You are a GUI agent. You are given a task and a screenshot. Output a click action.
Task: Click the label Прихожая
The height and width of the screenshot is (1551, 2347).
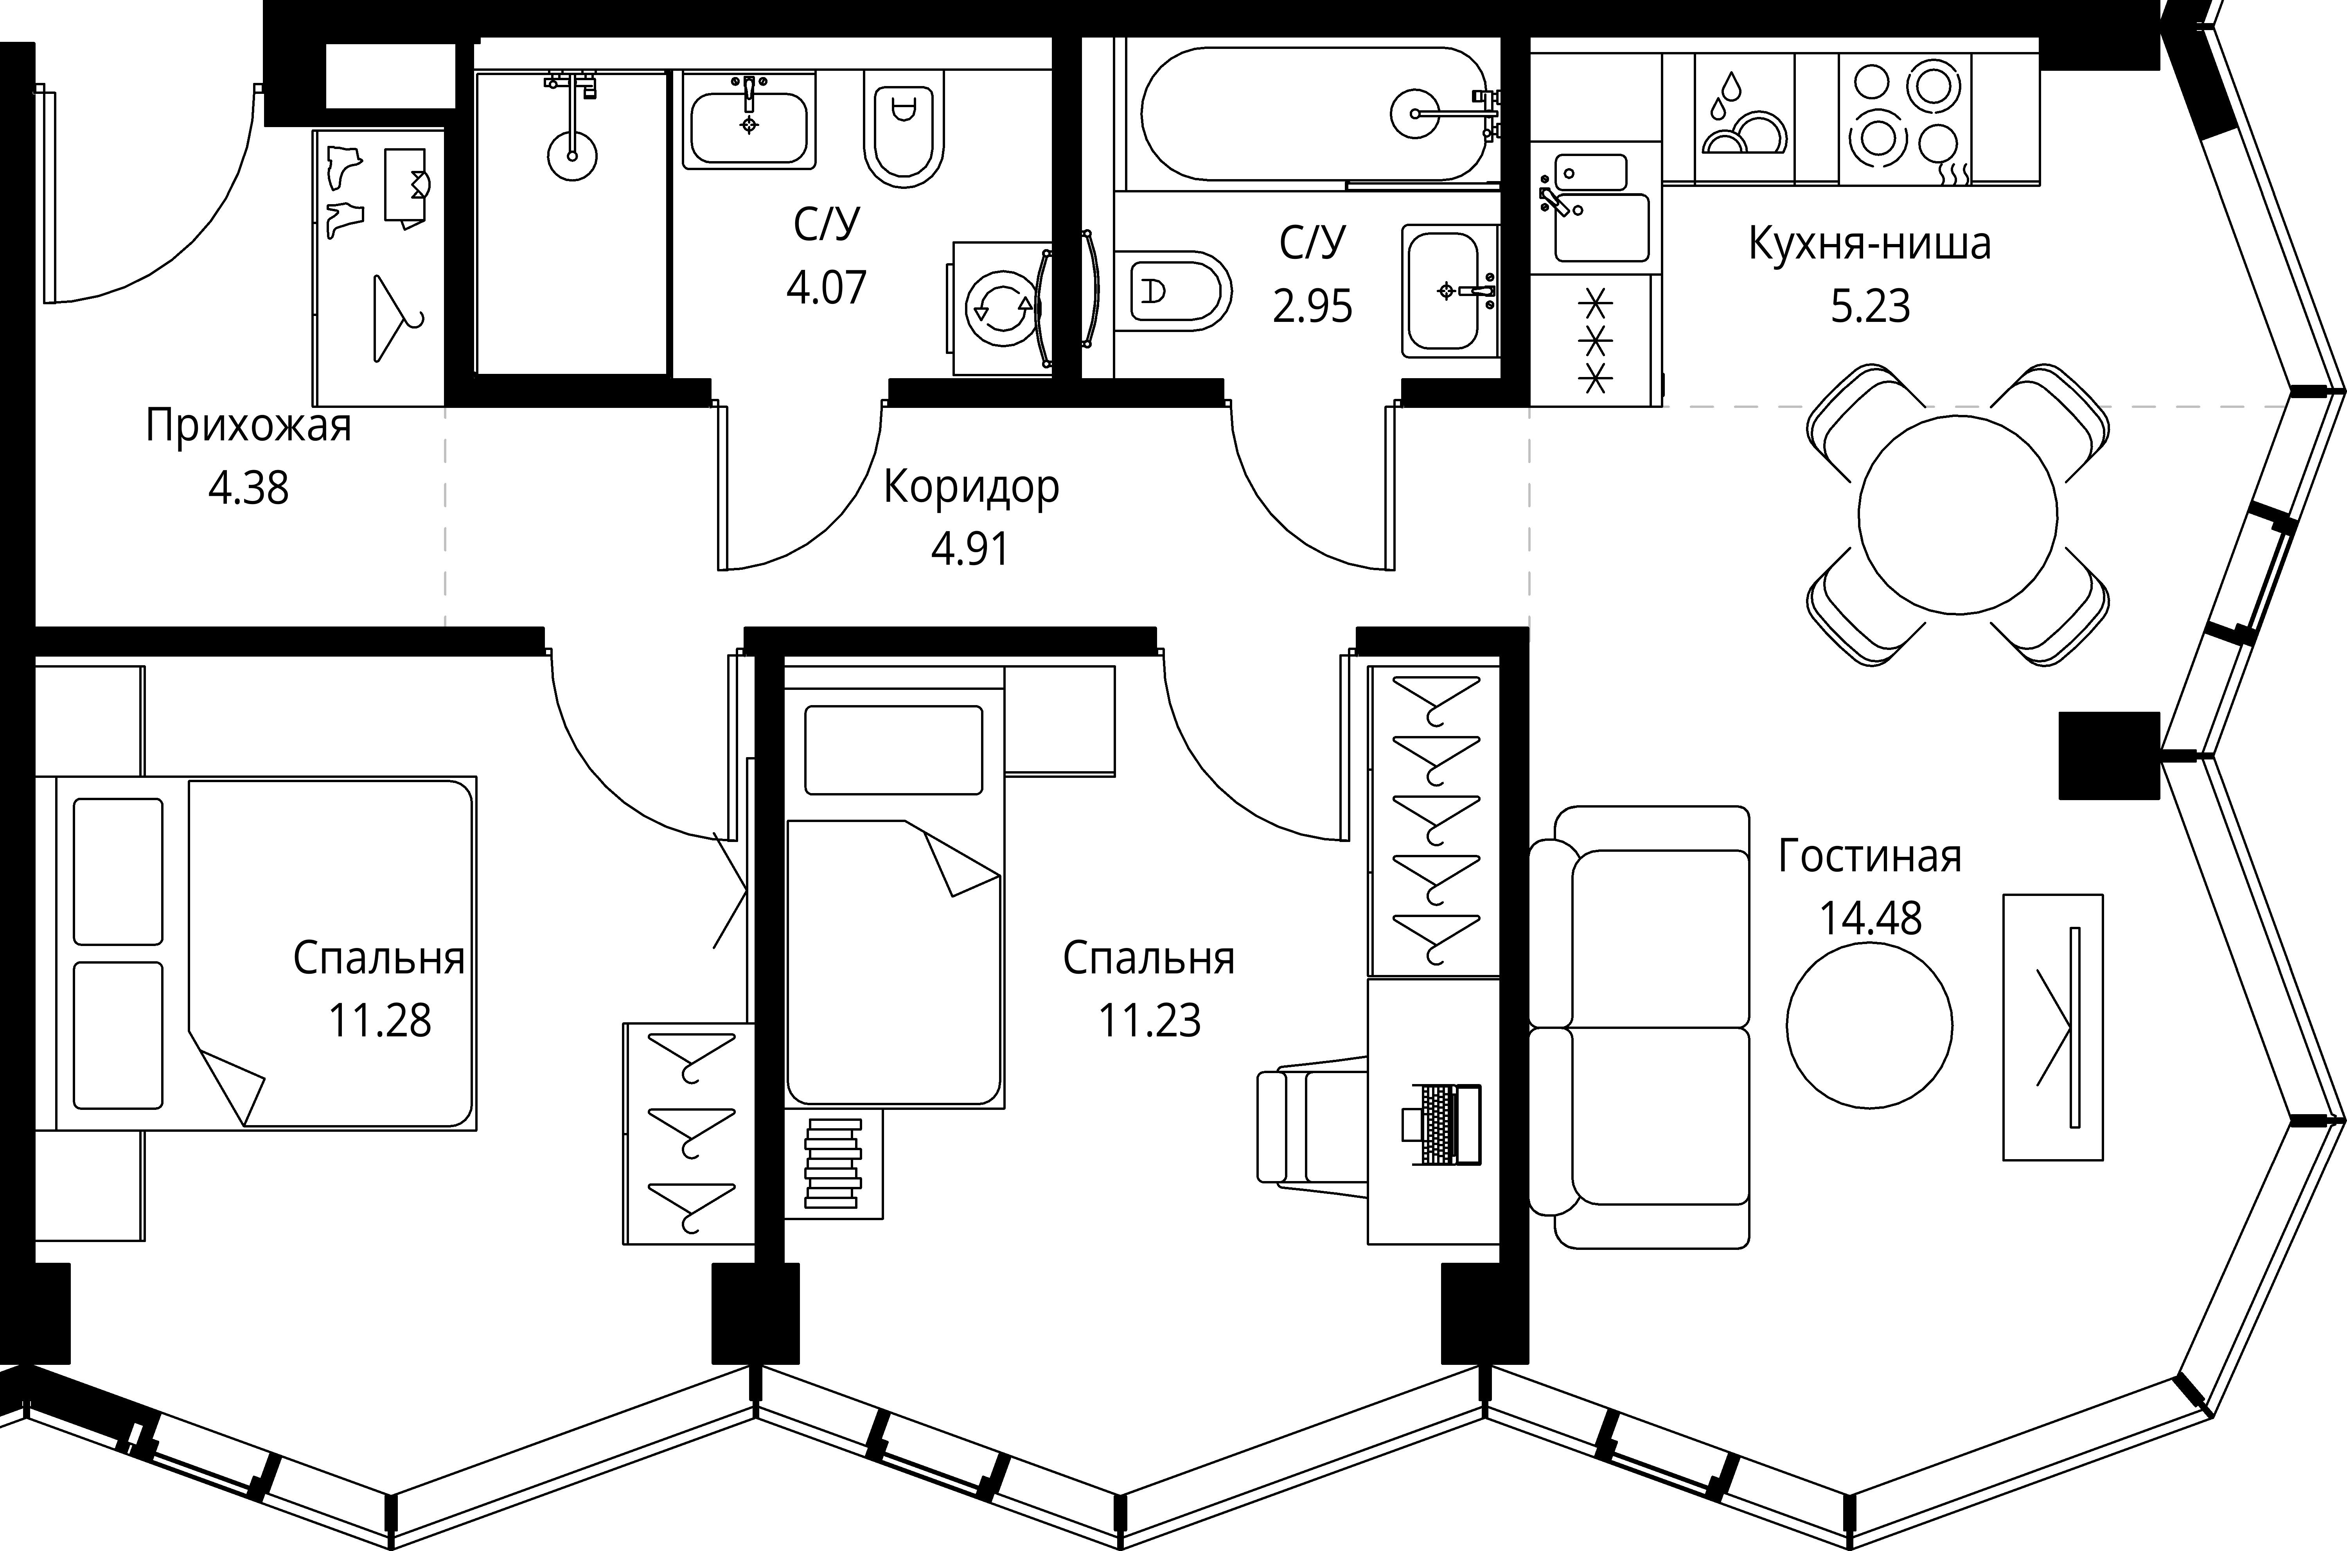coord(248,426)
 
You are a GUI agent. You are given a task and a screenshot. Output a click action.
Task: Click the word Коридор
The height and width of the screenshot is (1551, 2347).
coord(970,486)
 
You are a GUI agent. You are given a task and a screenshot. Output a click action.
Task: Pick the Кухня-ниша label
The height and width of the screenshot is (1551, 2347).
coord(1869,243)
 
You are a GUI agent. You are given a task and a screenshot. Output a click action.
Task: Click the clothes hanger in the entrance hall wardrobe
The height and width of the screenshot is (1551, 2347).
coord(396,318)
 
